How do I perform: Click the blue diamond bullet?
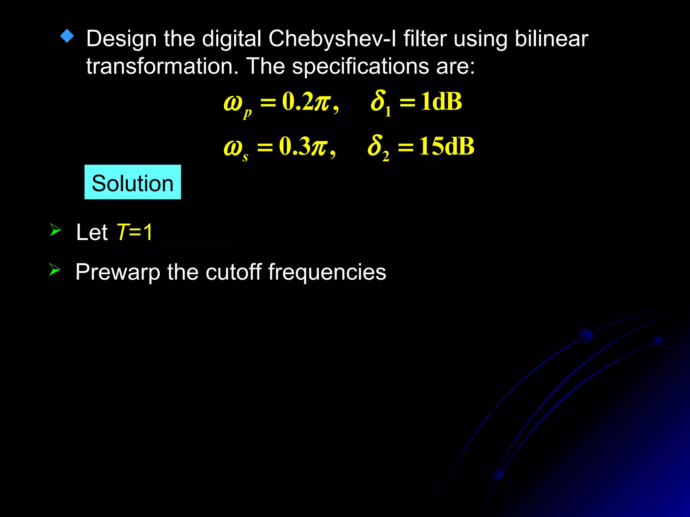point(67,36)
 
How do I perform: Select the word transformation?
point(162,66)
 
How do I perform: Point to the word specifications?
point(360,67)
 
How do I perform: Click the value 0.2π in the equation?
point(307,102)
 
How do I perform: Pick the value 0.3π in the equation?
point(304,146)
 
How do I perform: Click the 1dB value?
point(441,102)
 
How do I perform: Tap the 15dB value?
point(447,146)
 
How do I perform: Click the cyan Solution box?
point(132,182)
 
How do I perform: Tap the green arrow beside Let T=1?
point(55,230)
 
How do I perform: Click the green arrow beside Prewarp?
point(55,269)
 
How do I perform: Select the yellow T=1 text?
point(134,232)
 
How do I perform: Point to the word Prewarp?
point(118,272)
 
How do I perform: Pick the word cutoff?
point(233,272)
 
